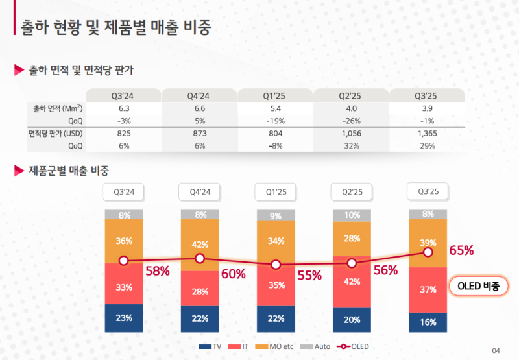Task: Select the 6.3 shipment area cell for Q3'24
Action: pyautogui.click(x=125, y=108)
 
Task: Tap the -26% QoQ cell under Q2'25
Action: pyautogui.click(x=351, y=121)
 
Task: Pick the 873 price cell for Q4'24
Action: pyautogui.click(x=199, y=133)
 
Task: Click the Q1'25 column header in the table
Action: pyautogui.click(x=276, y=95)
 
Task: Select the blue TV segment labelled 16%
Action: pyautogui.click(x=428, y=322)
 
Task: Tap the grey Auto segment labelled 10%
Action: pyautogui.click(x=352, y=215)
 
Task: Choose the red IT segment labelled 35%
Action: pyautogui.click(x=276, y=284)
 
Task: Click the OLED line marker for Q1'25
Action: pyautogui.click(x=276, y=265)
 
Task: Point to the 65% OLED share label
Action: pyautogui.click(x=461, y=250)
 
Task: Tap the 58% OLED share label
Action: pyautogui.click(x=158, y=271)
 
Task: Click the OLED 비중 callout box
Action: pyautogui.click(x=478, y=286)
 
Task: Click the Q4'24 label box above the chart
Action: pyautogui.click(x=200, y=192)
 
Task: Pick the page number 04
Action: pyautogui.click(x=496, y=350)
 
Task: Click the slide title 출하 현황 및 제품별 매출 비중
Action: pyautogui.click(x=116, y=27)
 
